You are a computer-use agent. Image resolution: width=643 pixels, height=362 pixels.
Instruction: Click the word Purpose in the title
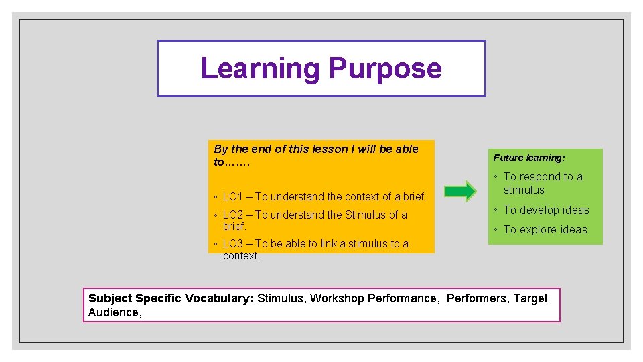(x=385, y=68)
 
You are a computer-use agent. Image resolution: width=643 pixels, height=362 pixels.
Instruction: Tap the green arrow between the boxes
(x=460, y=191)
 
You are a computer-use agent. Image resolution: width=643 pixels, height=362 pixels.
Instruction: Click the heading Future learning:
(x=529, y=158)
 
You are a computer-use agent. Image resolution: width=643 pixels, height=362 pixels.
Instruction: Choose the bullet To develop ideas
(x=546, y=210)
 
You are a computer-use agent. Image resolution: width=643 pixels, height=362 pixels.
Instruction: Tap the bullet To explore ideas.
(x=547, y=229)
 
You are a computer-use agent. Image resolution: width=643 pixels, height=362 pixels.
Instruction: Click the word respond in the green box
(x=540, y=176)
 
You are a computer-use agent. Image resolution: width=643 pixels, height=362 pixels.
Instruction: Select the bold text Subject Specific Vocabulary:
(x=171, y=298)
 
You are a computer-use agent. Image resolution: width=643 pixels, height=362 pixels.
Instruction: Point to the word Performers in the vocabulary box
(x=478, y=298)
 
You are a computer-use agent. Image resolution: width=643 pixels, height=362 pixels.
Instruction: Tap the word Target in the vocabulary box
(x=530, y=298)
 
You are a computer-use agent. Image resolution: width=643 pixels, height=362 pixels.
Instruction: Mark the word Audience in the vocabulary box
(x=113, y=312)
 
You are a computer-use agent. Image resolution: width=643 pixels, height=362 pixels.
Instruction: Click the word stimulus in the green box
(x=524, y=190)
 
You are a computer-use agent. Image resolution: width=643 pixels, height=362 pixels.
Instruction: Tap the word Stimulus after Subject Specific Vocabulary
(x=280, y=298)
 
